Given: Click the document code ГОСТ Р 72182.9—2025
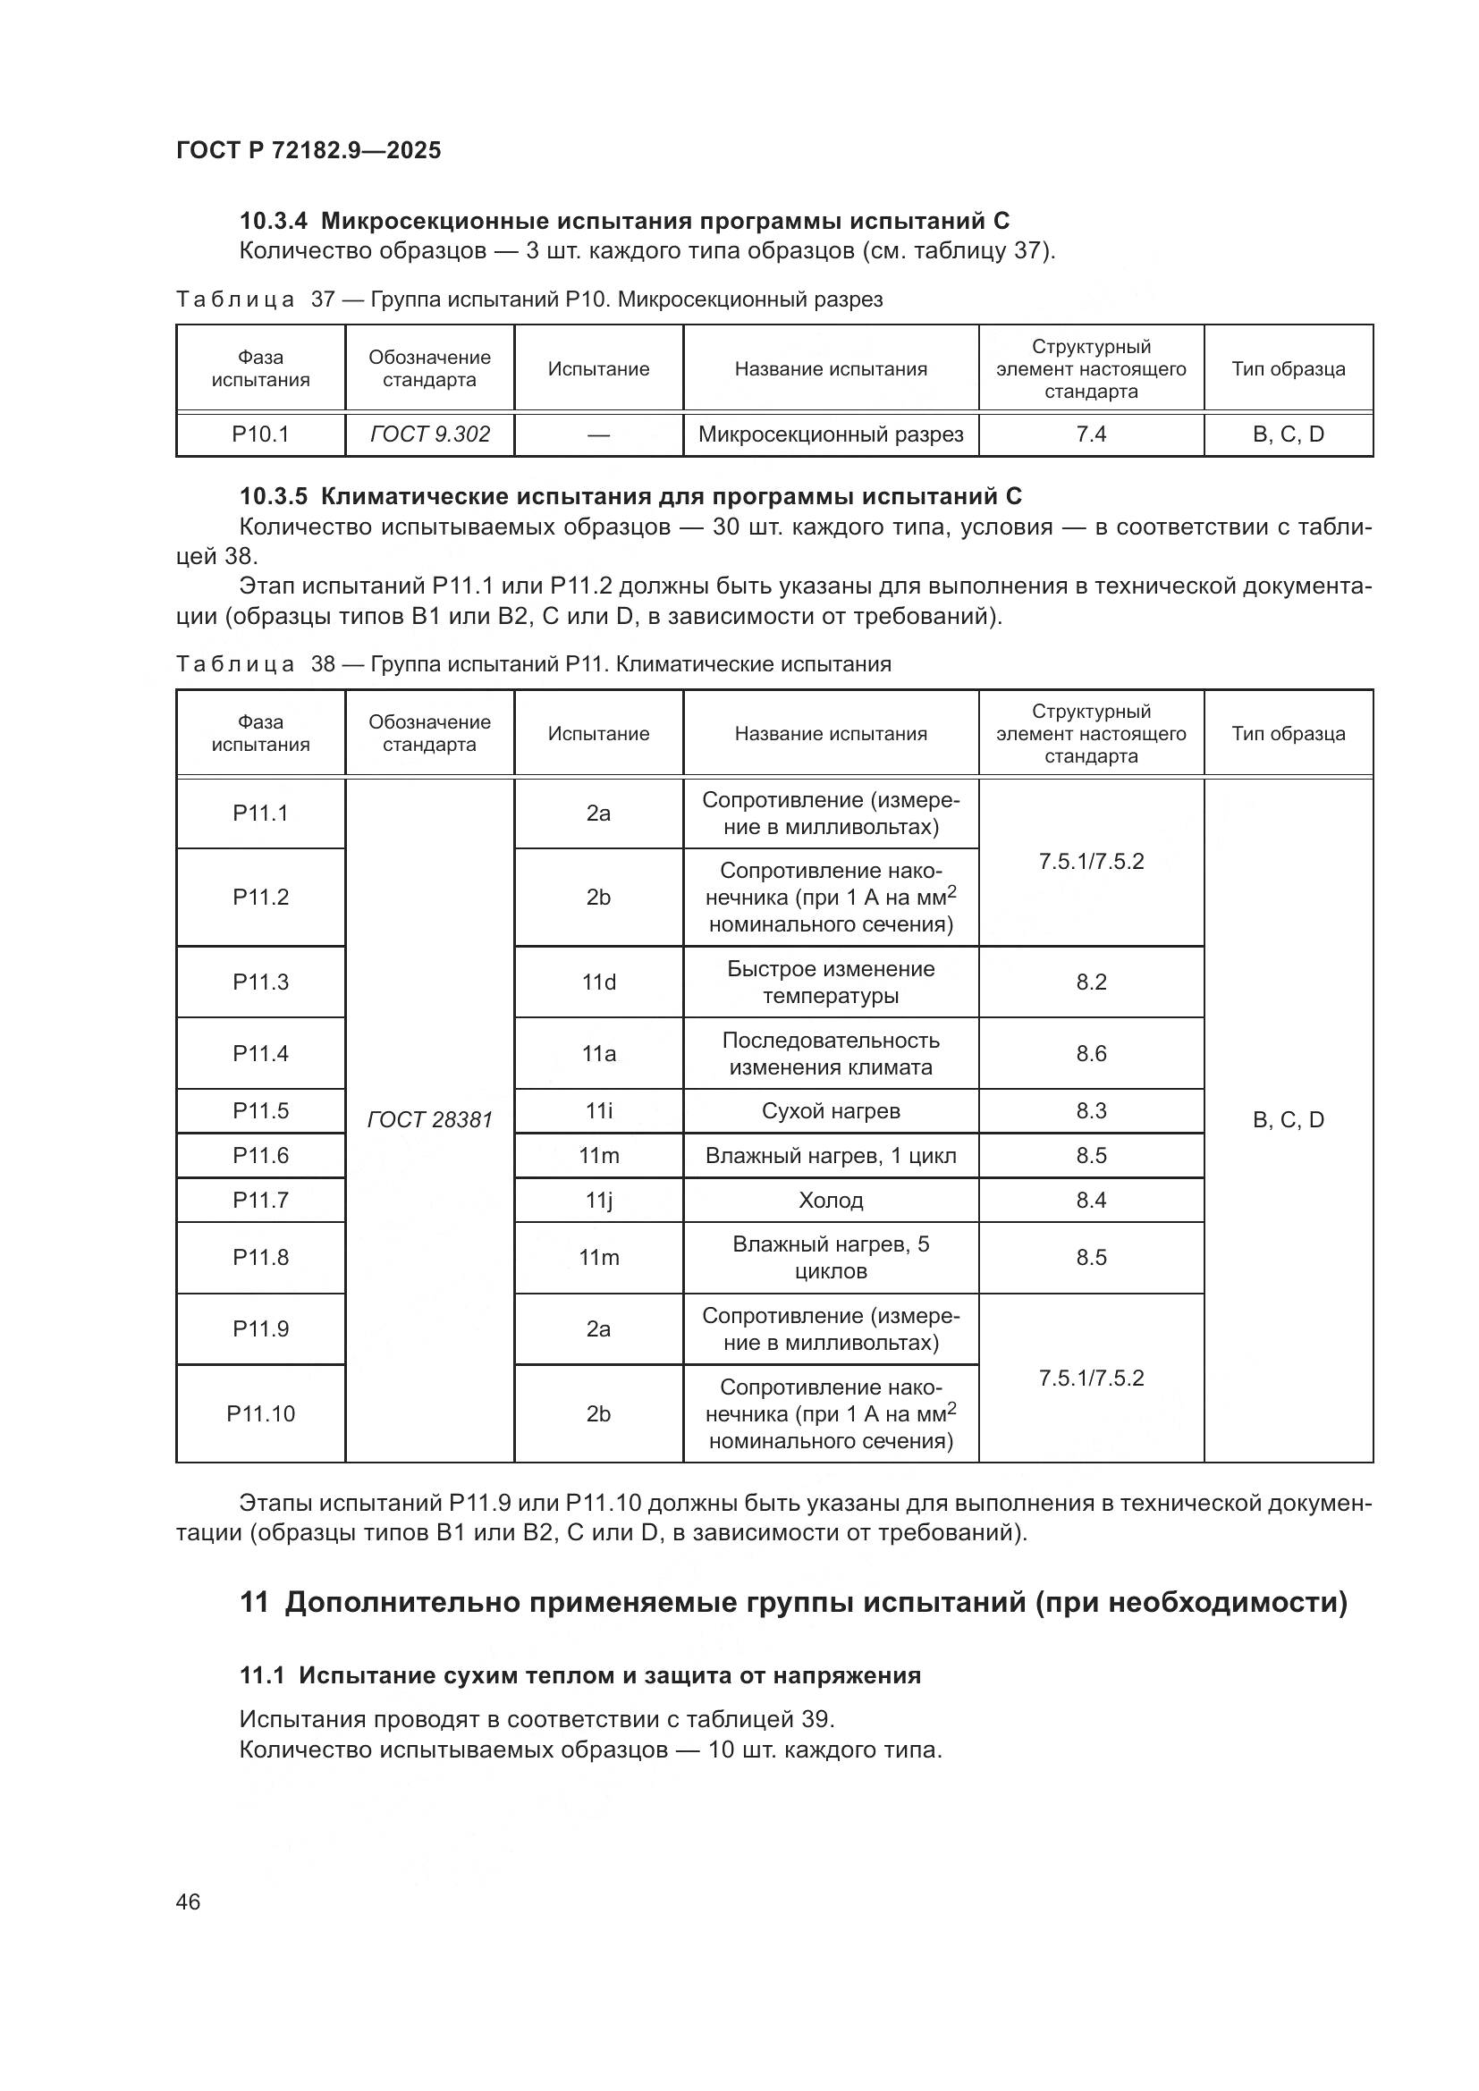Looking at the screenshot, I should coord(308,150).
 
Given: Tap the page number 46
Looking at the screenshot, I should coord(189,1901).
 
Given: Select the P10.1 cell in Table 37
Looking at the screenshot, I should coord(260,434).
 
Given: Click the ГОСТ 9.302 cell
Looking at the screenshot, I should coord(430,434).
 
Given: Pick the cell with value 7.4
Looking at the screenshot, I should coord(1090,434).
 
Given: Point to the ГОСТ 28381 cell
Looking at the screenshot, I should coord(430,1119).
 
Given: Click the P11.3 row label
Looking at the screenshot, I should coord(260,982).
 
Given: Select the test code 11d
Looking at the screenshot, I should coord(598,982).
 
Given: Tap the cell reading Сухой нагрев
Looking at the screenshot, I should coord(831,1111).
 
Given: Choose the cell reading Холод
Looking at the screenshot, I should coord(831,1201).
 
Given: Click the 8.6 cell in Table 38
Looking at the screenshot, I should coord(1090,1053).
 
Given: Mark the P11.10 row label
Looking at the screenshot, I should coord(260,1413).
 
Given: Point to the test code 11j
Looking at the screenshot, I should coord(598,1201).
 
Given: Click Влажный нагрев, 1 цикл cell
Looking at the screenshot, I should coord(831,1156).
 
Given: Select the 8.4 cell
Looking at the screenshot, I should coord(1090,1201).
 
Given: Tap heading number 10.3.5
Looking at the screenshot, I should coord(275,496).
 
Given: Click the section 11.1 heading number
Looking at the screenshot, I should coord(262,1674).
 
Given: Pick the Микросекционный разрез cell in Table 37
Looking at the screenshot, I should coord(831,434).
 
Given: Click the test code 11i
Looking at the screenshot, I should coord(598,1111).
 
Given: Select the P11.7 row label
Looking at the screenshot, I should coord(260,1201).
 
